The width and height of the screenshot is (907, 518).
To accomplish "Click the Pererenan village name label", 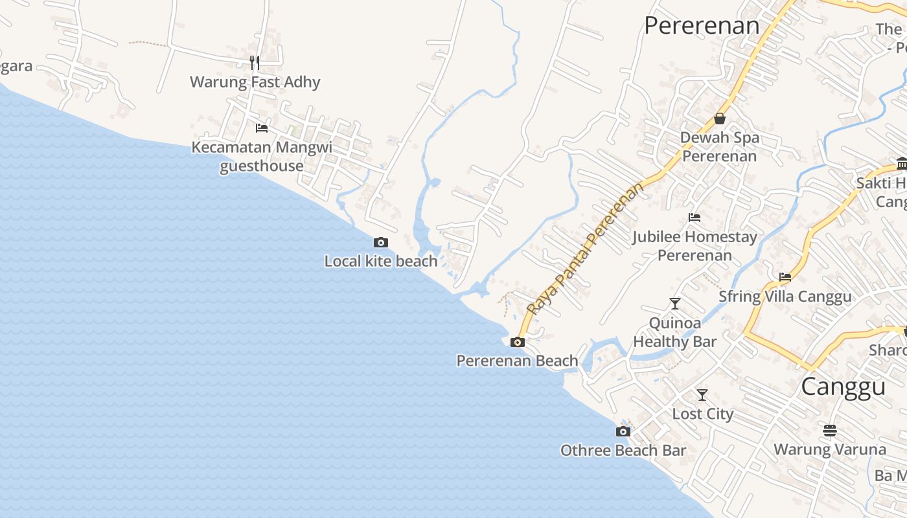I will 701,26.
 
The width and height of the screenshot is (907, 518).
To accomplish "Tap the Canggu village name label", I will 843,387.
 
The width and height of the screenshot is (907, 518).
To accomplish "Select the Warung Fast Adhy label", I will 255,82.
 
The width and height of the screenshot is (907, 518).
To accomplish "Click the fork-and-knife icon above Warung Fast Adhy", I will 255,63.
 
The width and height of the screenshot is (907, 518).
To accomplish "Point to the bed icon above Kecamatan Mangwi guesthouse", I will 262,128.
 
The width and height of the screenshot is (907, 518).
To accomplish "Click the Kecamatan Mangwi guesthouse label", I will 262,156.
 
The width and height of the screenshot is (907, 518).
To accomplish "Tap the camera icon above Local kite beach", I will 381,242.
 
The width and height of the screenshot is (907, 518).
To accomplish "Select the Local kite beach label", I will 381,261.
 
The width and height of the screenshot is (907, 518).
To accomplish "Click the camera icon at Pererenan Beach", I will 517,342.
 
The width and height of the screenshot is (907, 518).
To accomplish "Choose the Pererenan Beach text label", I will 517,361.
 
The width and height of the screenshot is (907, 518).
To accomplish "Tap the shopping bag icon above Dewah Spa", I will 719,118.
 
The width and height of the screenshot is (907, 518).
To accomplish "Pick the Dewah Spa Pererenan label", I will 719,147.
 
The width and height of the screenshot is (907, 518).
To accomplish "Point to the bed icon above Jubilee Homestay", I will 695,218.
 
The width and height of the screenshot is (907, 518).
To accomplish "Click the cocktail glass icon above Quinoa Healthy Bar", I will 675,303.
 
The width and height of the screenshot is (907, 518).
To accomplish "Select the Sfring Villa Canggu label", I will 785,297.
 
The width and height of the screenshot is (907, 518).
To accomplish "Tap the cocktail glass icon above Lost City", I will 702,394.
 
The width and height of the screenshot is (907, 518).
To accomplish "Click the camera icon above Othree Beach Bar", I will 623,431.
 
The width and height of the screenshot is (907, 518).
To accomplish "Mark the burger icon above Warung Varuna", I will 830,430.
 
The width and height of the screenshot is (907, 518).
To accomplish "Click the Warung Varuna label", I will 830,449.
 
